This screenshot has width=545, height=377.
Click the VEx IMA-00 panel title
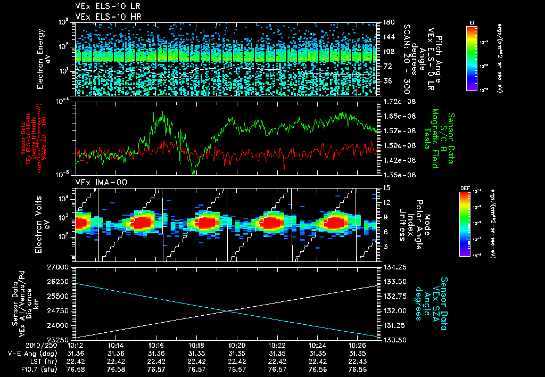pos(97,182)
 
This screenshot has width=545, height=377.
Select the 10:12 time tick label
pos(76,345)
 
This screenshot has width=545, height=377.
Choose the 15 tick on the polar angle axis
pos(385,188)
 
